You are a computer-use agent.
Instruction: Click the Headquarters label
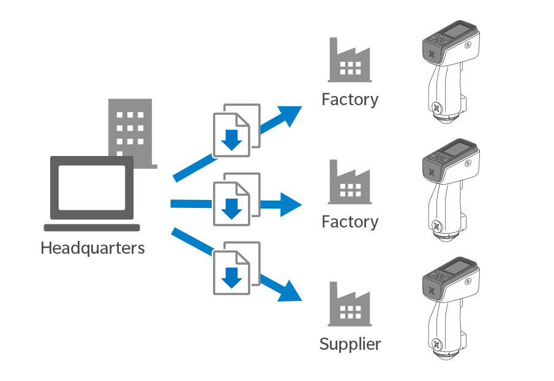[x=92, y=249]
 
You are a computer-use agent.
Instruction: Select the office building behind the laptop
[x=130, y=125]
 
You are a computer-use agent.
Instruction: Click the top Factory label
[x=350, y=99]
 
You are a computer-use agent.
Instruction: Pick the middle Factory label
[x=350, y=221]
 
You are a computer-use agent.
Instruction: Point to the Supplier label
[x=350, y=344]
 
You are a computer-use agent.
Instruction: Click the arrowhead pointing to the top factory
[x=288, y=116]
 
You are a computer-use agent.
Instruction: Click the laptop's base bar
[x=92, y=227]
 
